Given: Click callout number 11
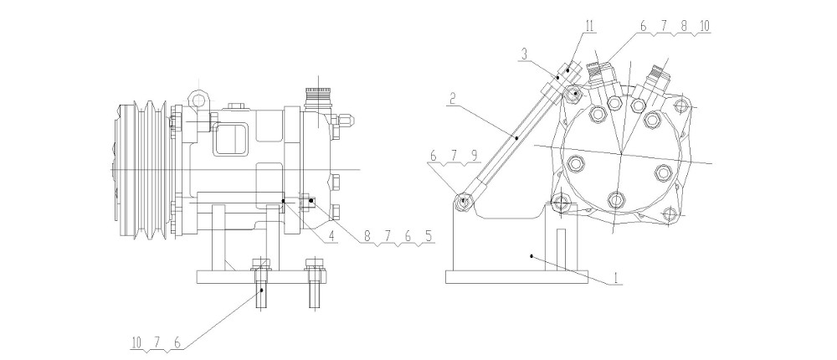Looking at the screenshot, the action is (x=589, y=27).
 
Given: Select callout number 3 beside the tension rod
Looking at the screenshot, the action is (x=525, y=54).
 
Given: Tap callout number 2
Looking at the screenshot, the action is (x=452, y=98).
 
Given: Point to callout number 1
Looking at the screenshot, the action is (x=615, y=278).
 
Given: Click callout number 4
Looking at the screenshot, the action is (x=332, y=235).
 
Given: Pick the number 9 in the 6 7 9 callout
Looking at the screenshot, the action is (x=474, y=155).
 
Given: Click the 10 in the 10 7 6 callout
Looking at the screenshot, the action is (x=136, y=343).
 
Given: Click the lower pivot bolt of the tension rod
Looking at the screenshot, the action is (x=464, y=202).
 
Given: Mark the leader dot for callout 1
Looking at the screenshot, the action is (x=531, y=256).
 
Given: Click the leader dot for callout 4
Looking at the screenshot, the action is (x=284, y=201).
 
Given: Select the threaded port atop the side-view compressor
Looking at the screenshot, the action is (x=318, y=96).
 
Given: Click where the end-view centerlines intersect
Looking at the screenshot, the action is (x=622, y=153).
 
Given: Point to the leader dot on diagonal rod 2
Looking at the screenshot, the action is (x=516, y=137).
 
